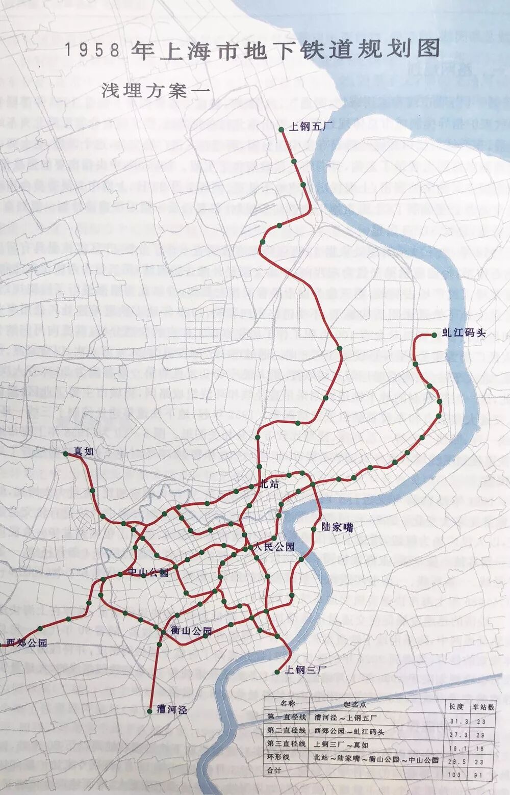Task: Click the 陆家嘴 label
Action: (x=337, y=528)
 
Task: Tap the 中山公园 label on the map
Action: (x=148, y=573)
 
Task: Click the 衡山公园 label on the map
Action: (x=191, y=631)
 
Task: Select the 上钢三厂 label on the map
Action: (x=304, y=670)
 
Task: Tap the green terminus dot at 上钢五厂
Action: (x=282, y=130)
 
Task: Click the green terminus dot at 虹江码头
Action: (x=433, y=335)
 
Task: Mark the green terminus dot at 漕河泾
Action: (x=149, y=710)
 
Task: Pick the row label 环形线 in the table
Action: (x=278, y=757)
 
